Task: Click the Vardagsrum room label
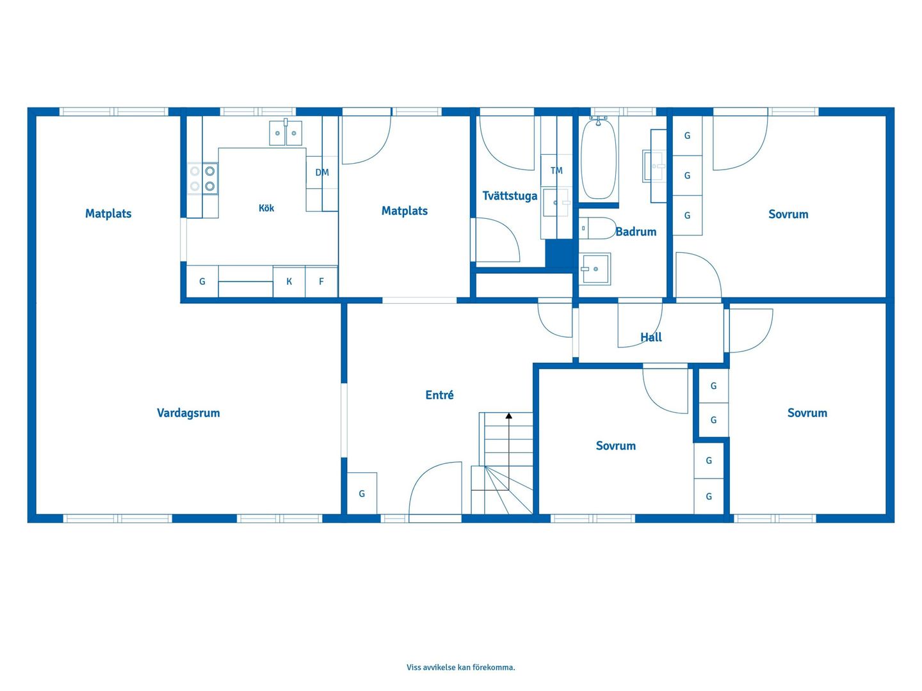click(x=188, y=413)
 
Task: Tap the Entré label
click(x=439, y=395)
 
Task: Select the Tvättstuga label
click(x=510, y=196)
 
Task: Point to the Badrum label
click(x=636, y=232)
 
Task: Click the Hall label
click(x=651, y=337)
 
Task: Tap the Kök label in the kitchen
click(x=266, y=208)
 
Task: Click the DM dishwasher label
click(x=322, y=172)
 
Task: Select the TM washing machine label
click(x=556, y=170)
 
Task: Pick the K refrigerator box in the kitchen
click(x=289, y=281)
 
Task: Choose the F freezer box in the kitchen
click(x=321, y=281)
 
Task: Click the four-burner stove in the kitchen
click(x=202, y=179)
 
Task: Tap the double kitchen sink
click(x=286, y=132)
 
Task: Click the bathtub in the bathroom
click(x=599, y=159)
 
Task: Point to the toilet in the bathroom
click(x=597, y=228)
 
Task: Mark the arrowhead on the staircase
click(x=508, y=416)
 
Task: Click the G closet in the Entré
click(x=362, y=493)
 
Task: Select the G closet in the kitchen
click(x=202, y=281)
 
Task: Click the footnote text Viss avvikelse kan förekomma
click(x=461, y=667)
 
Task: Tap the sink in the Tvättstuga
click(x=556, y=202)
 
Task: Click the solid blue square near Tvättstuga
click(x=559, y=253)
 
